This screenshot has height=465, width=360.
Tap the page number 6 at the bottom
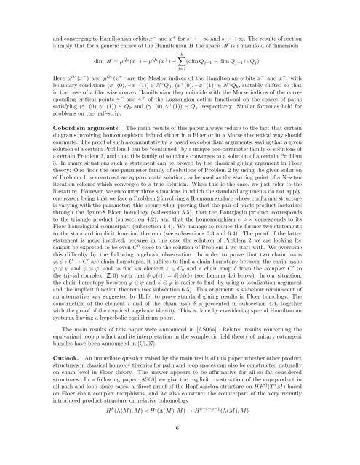click(180, 448)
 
